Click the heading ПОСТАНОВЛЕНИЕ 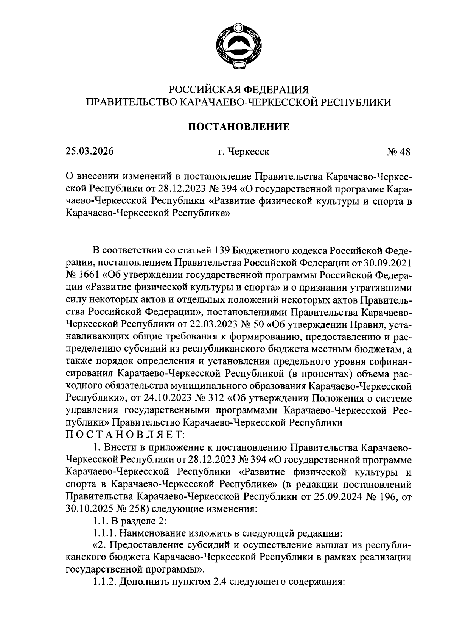(239, 127)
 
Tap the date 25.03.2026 (89, 152)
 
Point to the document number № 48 (398, 152)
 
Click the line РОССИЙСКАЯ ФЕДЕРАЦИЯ (239, 90)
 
